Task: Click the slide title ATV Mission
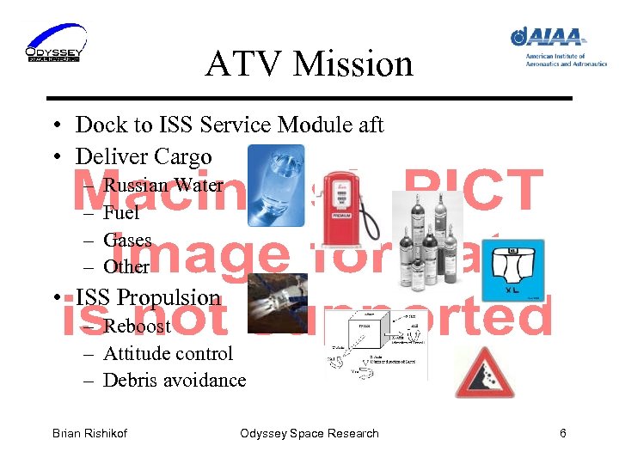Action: pos(309,64)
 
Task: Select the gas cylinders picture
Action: pos(426,240)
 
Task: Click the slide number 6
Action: pos(562,433)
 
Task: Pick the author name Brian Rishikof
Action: pos(89,433)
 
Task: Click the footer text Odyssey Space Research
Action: pos(309,433)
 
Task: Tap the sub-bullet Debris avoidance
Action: pos(174,380)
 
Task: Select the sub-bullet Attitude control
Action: pos(168,353)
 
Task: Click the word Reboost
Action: pos(137,327)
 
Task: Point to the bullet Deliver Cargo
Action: pos(143,156)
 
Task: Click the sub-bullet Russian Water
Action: pos(162,186)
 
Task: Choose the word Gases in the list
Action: pos(127,241)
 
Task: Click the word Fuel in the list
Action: pos(120,213)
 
